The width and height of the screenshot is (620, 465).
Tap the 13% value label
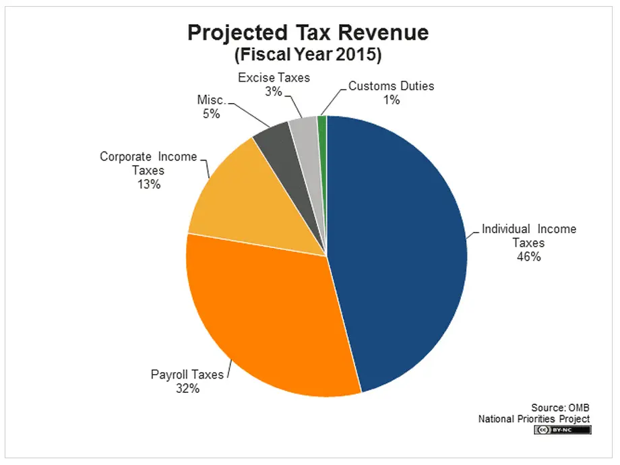(148, 184)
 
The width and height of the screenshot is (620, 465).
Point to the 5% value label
(211, 114)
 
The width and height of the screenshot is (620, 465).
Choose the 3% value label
(274, 92)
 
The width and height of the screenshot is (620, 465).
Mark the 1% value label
(392, 100)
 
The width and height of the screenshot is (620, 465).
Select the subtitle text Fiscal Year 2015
(307, 55)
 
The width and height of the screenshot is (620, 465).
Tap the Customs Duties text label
(392, 86)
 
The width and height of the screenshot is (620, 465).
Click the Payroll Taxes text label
(187, 375)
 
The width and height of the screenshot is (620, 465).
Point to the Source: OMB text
(560, 407)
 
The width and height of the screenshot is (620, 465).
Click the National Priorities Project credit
(534, 418)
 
